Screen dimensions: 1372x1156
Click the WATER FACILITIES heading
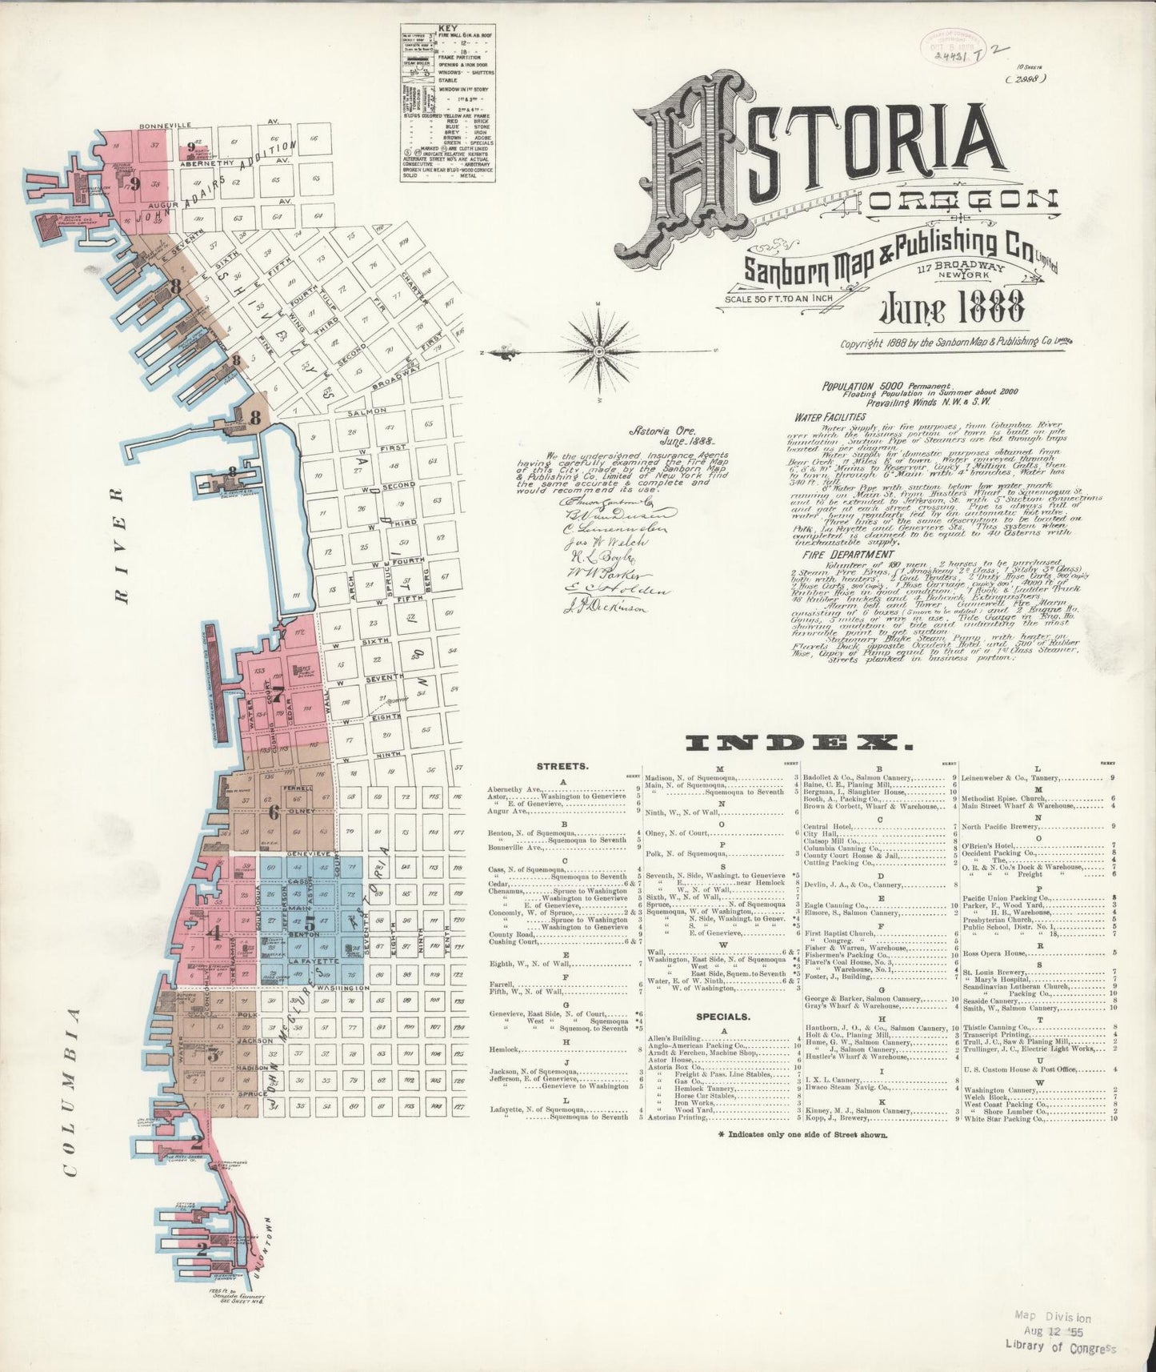click(x=830, y=417)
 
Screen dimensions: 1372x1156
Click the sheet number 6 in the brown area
click(x=274, y=813)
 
